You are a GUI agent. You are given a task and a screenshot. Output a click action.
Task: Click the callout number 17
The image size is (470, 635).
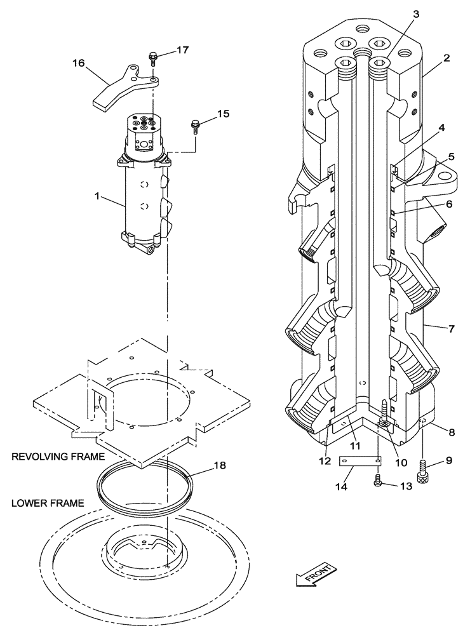tap(182, 50)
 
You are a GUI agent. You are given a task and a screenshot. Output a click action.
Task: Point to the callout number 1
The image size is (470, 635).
tap(97, 197)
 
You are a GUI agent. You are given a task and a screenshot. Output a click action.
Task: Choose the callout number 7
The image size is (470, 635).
tap(452, 328)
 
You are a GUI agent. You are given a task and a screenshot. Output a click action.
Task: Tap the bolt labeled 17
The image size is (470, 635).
tap(154, 59)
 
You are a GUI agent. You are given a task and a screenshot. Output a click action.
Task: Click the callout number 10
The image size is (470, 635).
tap(400, 462)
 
